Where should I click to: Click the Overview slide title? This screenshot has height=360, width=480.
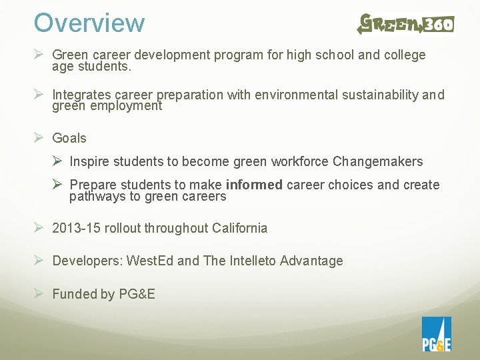click(89, 23)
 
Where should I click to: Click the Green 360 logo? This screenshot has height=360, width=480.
click(405, 24)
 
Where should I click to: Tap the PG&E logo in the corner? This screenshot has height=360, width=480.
click(436, 334)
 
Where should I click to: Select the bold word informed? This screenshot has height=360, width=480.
click(255, 185)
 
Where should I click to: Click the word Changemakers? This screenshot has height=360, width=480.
click(377, 162)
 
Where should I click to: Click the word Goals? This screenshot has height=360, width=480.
click(69, 138)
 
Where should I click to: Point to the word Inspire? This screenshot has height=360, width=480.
click(90, 162)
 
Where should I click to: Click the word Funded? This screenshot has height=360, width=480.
click(74, 294)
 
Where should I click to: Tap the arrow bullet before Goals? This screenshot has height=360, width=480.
click(39, 138)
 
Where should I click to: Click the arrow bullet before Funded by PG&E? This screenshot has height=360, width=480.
click(39, 294)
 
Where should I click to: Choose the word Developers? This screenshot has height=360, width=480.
click(85, 261)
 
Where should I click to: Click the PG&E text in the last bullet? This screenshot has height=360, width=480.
click(137, 294)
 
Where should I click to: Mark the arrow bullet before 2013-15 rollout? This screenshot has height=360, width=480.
click(39, 228)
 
